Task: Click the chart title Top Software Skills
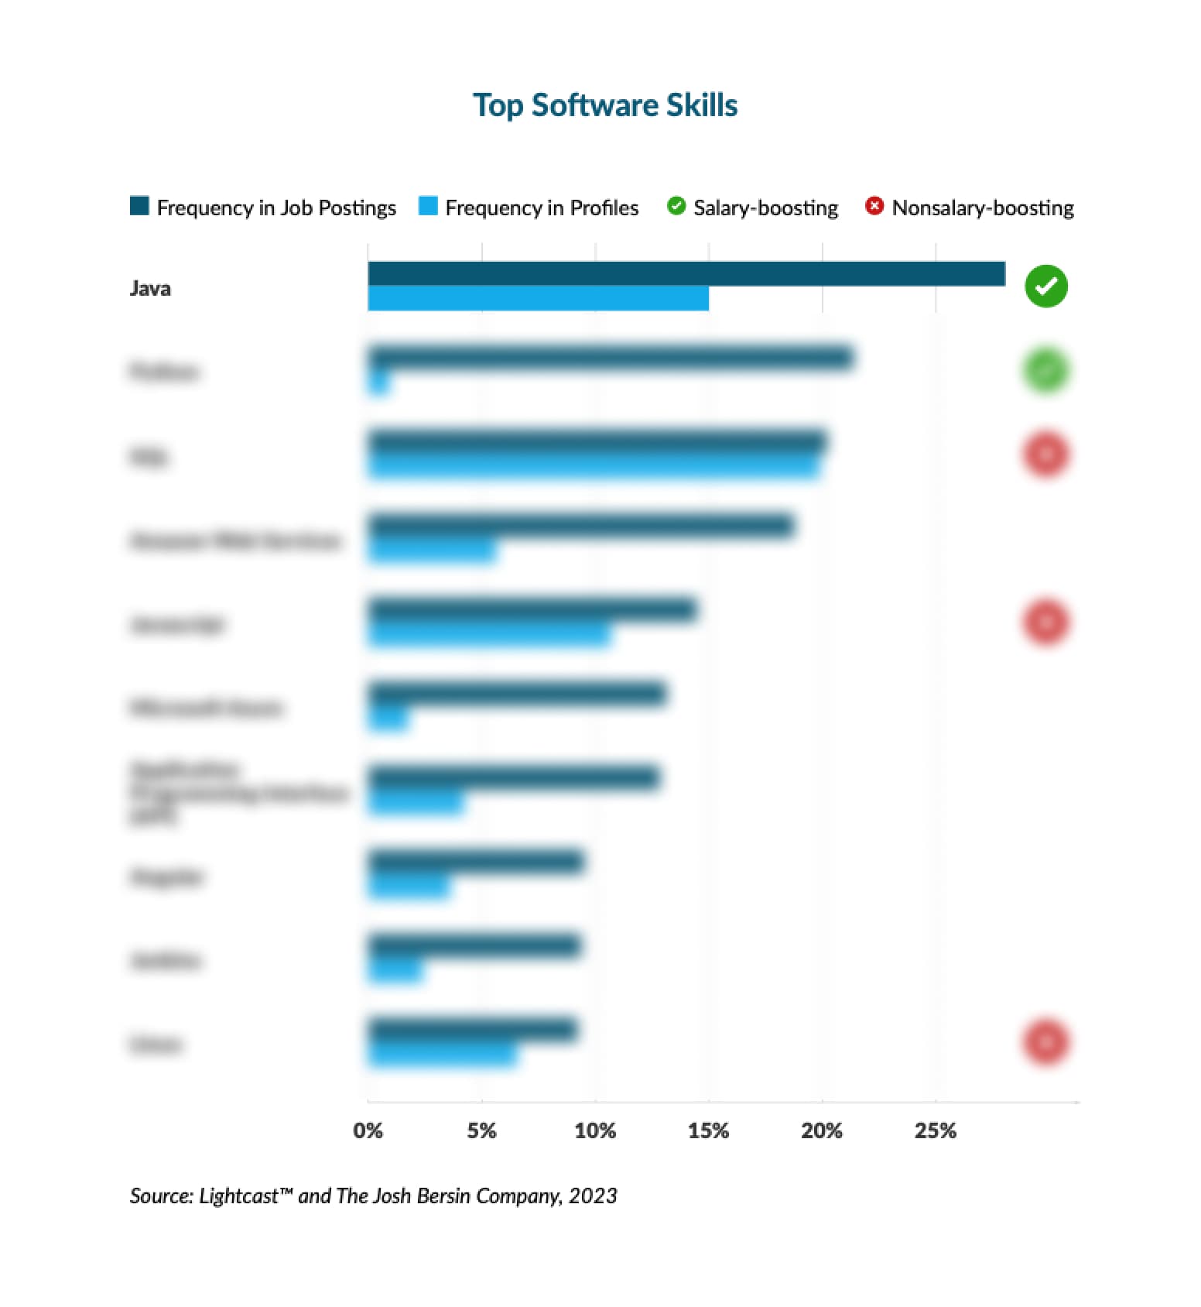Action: [604, 105]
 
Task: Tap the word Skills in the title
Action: [702, 105]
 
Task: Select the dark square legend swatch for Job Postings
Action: [139, 206]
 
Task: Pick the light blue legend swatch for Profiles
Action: [428, 206]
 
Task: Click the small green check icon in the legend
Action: [676, 206]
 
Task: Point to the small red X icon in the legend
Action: [874, 206]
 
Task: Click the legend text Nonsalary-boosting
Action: [983, 208]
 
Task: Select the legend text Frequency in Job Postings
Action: [276, 208]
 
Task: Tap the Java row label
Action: [150, 288]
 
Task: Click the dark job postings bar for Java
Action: [686, 274]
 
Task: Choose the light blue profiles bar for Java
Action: [538, 298]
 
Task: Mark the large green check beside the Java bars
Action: [1045, 286]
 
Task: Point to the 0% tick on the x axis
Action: [368, 1130]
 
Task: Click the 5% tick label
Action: [481, 1130]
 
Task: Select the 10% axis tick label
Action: [594, 1130]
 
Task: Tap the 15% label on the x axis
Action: [708, 1130]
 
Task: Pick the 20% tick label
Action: [822, 1130]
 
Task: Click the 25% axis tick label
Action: [935, 1130]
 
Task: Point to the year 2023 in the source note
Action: [593, 1196]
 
